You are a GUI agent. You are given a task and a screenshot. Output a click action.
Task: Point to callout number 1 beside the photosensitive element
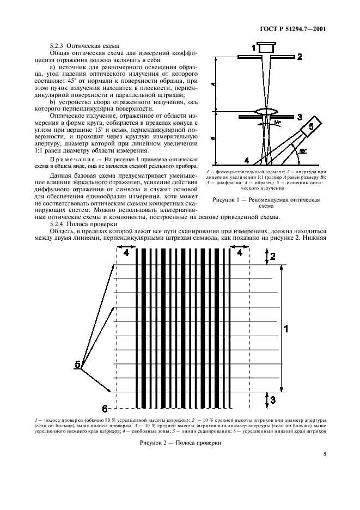click(254, 48)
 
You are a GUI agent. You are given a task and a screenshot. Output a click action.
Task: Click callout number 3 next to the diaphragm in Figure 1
click(299, 117)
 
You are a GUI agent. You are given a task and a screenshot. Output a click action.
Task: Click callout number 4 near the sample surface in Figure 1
click(247, 161)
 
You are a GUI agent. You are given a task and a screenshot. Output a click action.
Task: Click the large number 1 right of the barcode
click(287, 328)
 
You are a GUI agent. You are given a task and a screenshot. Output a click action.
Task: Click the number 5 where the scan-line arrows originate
click(77, 363)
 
